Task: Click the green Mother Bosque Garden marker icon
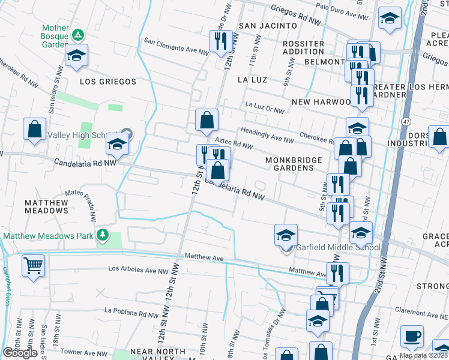coord(77,34)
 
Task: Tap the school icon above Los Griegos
coord(76,56)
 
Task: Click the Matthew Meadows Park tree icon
coord(103,235)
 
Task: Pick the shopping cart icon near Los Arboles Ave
coord(34,265)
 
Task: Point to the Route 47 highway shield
coord(406,122)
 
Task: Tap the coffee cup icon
coord(412,337)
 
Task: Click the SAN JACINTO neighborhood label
coord(268,26)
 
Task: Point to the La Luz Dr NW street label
coord(265,110)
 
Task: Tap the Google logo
coord(20,353)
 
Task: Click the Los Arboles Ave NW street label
coord(138,271)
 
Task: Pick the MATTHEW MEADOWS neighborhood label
coord(46,207)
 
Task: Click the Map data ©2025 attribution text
coord(423,355)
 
